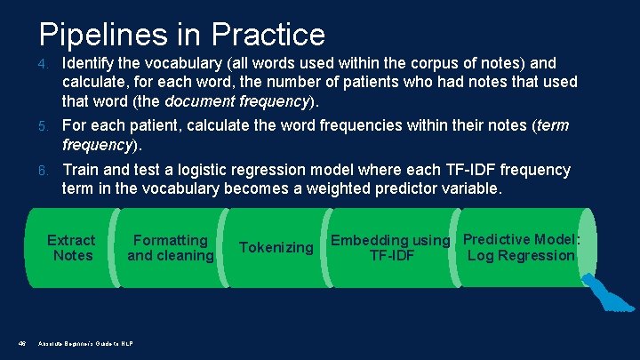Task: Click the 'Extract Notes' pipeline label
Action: [71, 248]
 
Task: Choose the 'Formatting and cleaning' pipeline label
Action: [171, 248]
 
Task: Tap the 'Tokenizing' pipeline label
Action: [276, 248]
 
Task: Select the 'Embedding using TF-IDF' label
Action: [391, 248]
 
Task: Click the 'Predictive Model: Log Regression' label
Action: [522, 247]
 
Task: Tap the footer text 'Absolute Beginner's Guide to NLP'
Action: [84, 343]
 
